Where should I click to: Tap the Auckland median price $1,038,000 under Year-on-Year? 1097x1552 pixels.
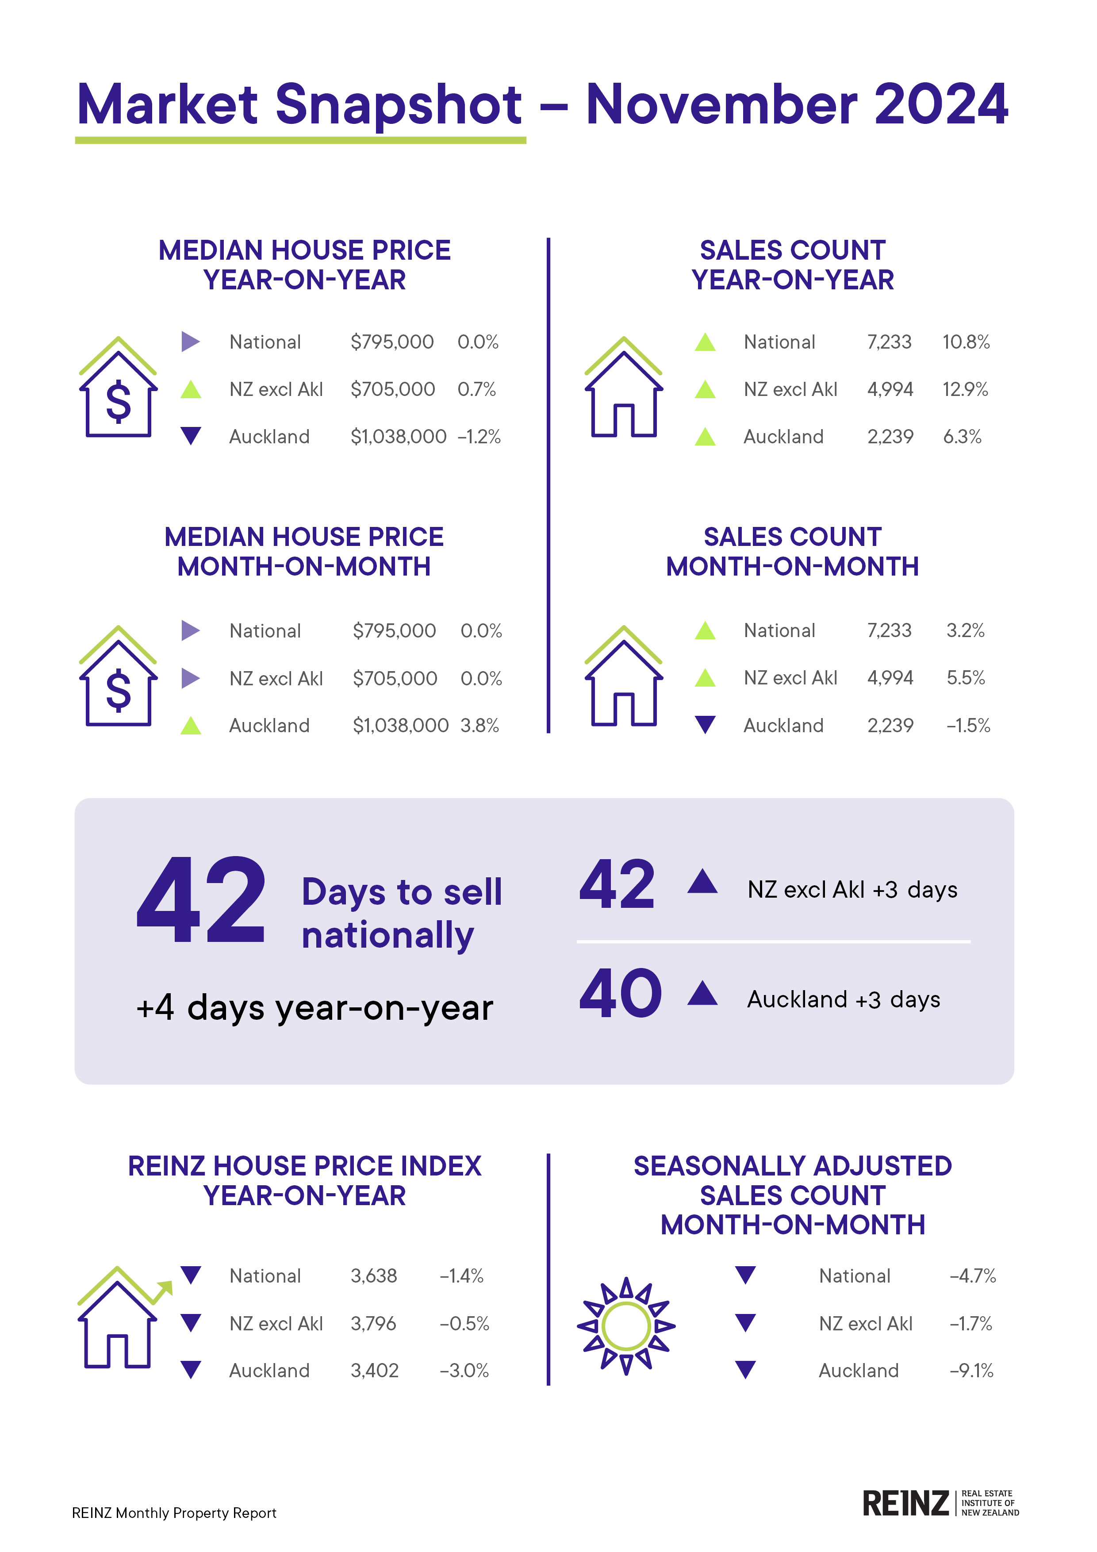coord(398,437)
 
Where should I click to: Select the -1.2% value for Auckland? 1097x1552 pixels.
coord(479,437)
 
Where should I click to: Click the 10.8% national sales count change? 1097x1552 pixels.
coord(966,342)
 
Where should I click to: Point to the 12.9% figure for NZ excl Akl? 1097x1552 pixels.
coord(965,389)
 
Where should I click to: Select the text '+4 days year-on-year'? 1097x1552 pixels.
coord(315,1008)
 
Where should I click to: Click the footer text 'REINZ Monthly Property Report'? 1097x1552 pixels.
coord(174,1513)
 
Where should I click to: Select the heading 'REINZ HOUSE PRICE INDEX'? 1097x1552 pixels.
coord(304,1166)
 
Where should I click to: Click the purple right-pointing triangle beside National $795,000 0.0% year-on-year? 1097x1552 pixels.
coord(191,342)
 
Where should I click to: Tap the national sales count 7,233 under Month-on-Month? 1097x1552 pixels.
coord(890,631)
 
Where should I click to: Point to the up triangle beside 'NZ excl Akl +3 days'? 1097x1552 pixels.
coord(702,882)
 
